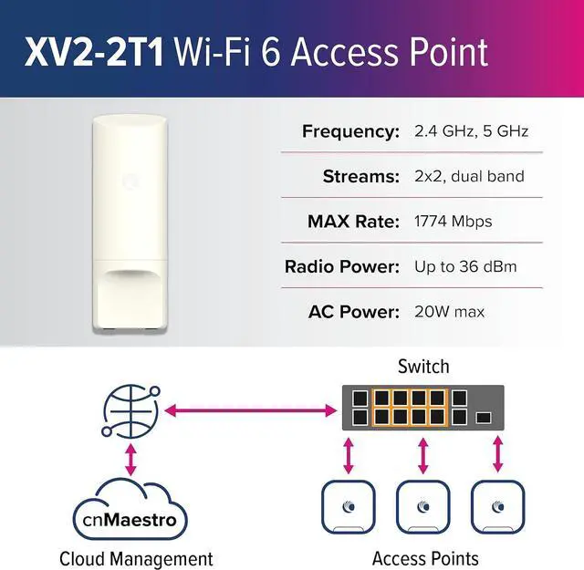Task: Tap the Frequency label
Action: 350,131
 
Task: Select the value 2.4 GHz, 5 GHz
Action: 472,131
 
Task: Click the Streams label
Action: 361,176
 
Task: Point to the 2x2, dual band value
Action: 469,176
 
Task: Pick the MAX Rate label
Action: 353,222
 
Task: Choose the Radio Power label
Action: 342,267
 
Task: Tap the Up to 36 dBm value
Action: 464,267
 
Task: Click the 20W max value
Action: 449,312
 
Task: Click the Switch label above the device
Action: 423,367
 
